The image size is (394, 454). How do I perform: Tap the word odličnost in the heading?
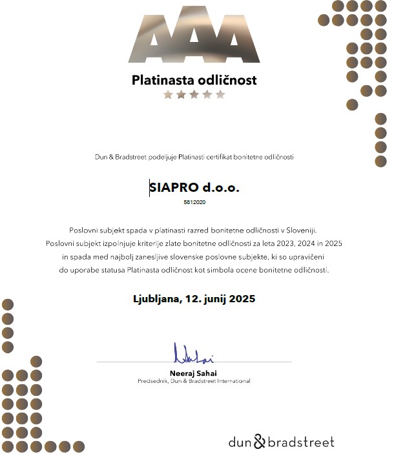tap(227, 81)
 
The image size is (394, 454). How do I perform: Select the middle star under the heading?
tap(194, 95)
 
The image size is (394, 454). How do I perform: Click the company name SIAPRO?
tap(172, 188)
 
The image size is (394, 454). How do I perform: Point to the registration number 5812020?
tap(194, 202)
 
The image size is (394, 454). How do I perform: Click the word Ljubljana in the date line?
tap(156, 299)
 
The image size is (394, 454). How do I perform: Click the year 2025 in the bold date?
tap(242, 299)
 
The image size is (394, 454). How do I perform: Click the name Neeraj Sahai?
tap(194, 373)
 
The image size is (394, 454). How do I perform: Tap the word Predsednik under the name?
tap(152, 381)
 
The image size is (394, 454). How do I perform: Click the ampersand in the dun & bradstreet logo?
tap(258, 442)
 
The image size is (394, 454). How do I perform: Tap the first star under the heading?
tap(168, 95)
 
